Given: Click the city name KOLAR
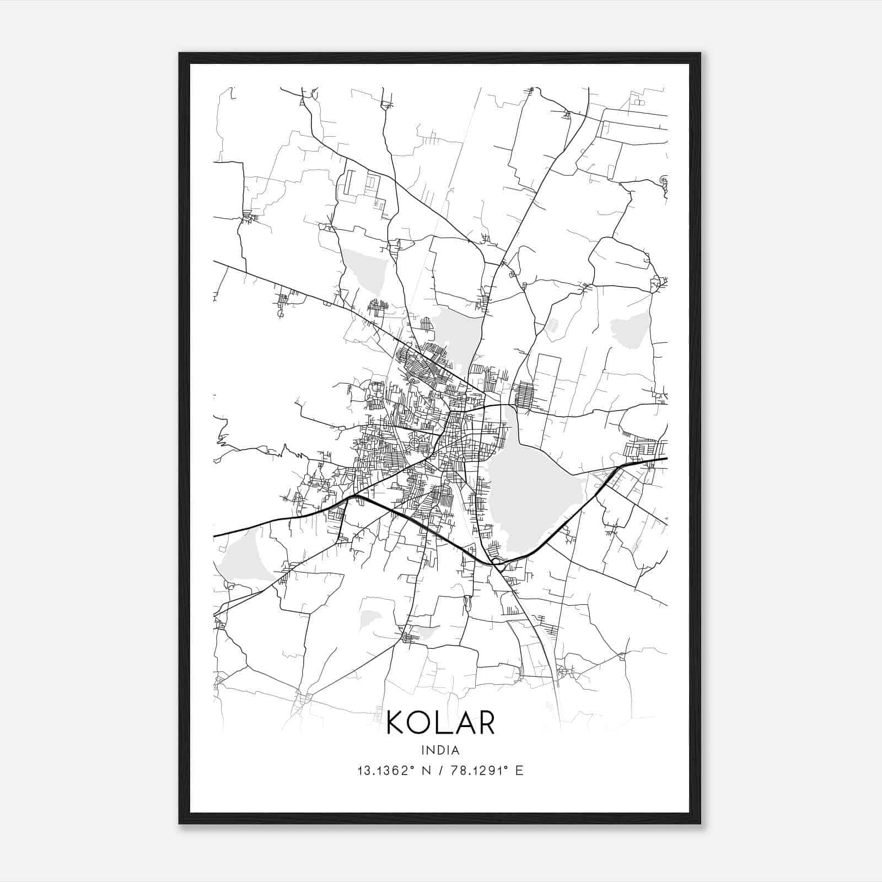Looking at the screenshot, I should (440, 723).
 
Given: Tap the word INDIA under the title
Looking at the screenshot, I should (440, 750).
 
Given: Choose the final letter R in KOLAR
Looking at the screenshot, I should (485, 723).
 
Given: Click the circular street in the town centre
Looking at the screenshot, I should (415, 443).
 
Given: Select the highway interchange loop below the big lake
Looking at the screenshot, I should (498, 562).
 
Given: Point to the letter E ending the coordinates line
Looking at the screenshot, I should (519, 771).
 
